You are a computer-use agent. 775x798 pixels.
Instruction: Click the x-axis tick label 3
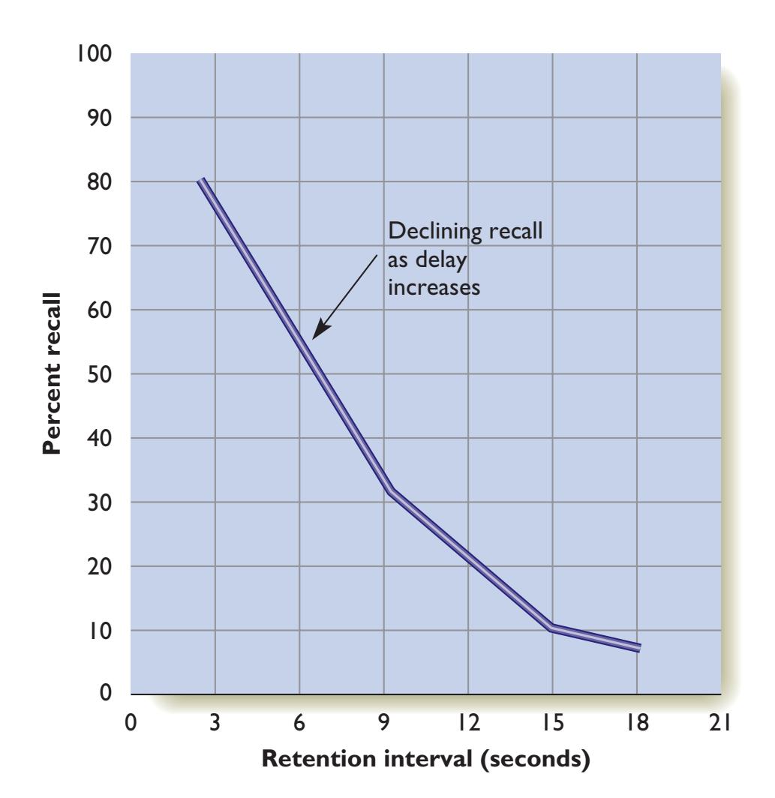click(215, 724)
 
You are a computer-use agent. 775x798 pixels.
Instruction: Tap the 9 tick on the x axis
click(383, 724)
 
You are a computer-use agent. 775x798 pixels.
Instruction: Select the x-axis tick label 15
click(551, 724)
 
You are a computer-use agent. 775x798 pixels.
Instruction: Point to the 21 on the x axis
click(719, 724)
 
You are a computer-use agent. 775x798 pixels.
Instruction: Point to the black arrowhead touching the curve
click(319, 331)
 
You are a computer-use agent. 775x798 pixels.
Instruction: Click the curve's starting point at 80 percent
click(202, 181)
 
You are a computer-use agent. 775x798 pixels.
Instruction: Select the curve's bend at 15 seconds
click(551, 628)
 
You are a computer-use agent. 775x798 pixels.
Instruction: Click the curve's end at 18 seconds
click(638, 648)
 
